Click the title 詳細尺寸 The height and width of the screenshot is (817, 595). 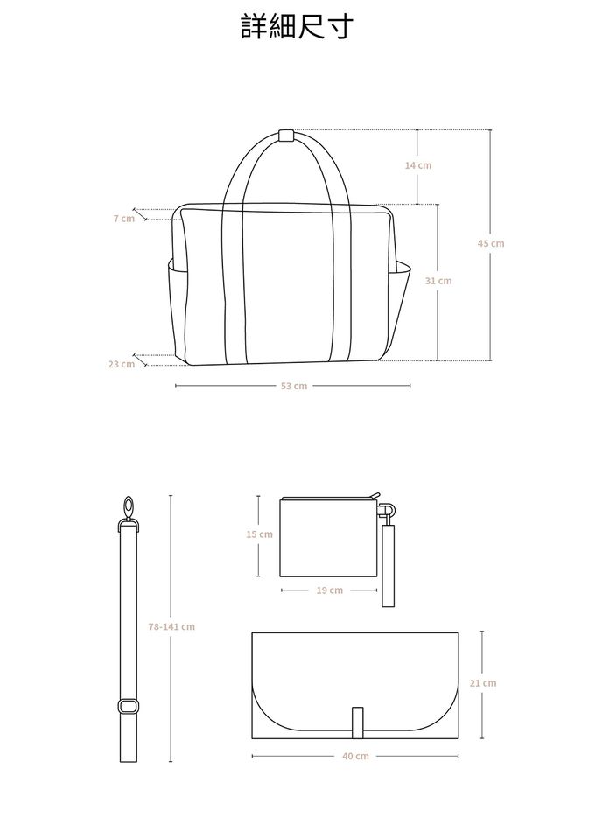297,26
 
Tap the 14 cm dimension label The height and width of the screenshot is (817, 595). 418,165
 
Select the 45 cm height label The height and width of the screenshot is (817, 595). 491,243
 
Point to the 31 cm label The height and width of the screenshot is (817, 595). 438,281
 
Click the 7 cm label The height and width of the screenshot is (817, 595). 124,219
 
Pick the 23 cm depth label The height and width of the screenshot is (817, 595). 122,364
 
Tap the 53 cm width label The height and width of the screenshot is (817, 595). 294,386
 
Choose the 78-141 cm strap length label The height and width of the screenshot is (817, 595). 171,626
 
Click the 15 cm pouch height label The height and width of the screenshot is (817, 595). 260,534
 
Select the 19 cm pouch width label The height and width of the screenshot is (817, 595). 329,590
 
